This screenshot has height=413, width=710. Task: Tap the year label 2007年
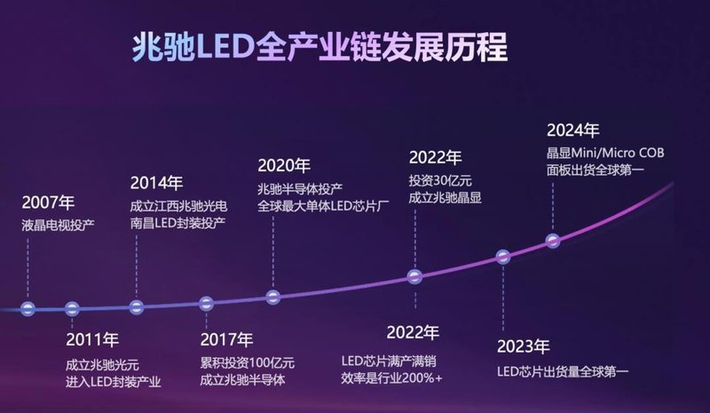(50, 201)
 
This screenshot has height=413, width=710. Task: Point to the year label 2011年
(92, 338)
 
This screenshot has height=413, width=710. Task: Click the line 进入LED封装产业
(113, 382)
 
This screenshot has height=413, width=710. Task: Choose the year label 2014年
(156, 183)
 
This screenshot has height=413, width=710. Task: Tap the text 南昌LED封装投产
(177, 222)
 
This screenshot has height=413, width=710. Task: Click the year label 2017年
(226, 338)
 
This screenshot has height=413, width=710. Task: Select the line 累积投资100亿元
(248, 363)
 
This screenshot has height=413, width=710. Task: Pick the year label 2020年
(284, 165)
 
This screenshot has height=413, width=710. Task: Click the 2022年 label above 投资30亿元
(435, 158)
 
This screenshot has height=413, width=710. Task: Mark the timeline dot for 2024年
(553, 241)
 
